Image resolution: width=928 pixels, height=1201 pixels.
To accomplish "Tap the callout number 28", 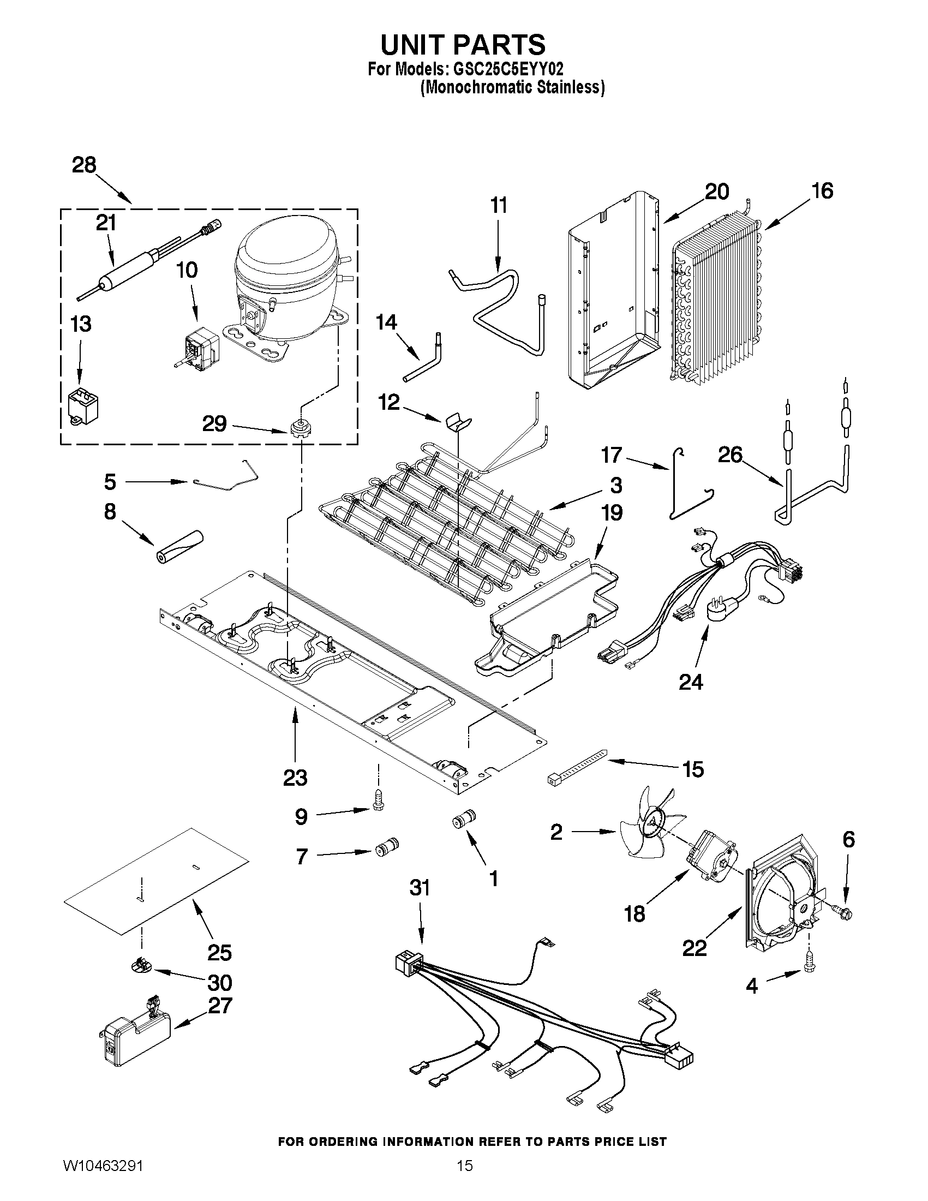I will [84, 165].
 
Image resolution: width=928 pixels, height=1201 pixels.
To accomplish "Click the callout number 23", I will [295, 778].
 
